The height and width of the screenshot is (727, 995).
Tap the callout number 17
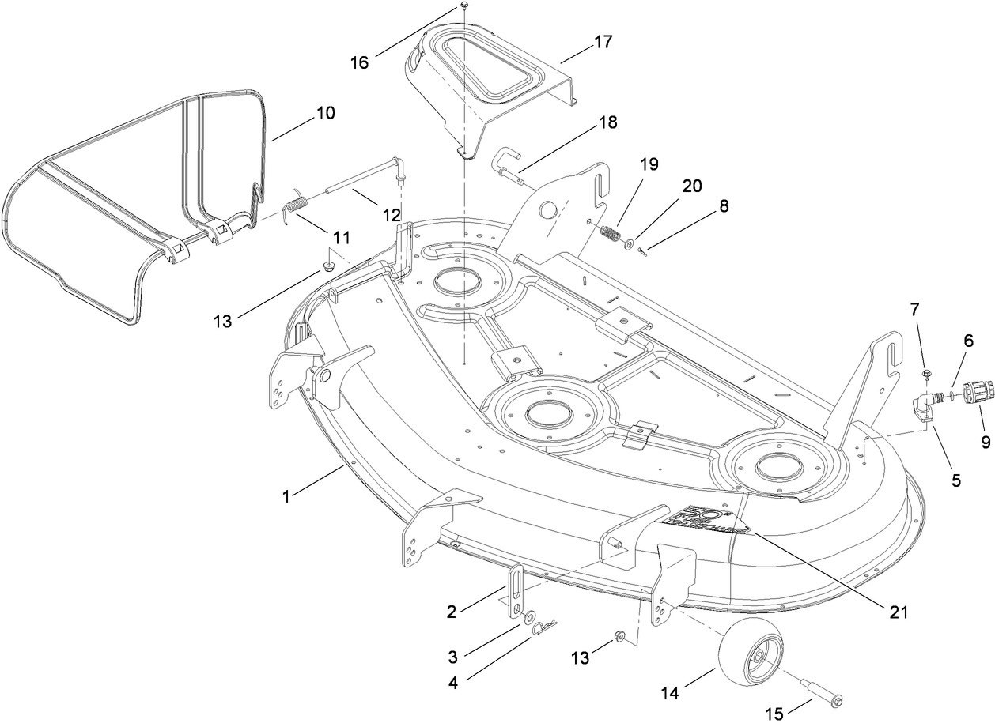pos(603,41)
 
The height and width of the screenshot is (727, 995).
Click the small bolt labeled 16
pos(464,6)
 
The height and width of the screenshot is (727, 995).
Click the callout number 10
pos(325,113)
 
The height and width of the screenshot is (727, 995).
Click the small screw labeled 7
pos(926,372)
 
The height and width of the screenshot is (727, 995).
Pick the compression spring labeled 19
pos(608,235)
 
